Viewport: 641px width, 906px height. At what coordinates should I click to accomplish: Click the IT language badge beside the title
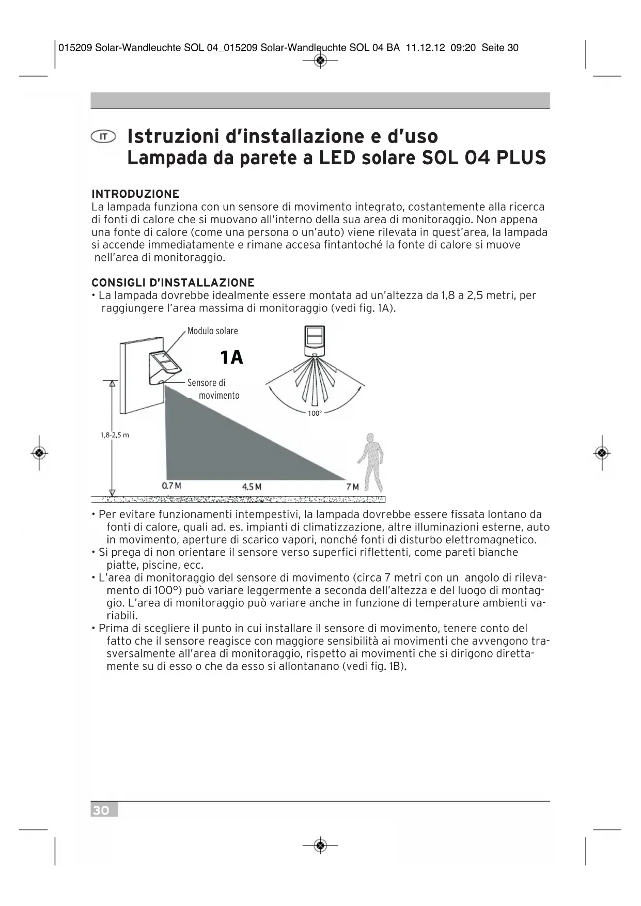[x=103, y=136]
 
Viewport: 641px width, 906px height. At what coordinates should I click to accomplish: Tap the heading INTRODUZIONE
[x=135, y=194]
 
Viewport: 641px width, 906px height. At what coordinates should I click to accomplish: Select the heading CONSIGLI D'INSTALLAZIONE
[x=173, y=283]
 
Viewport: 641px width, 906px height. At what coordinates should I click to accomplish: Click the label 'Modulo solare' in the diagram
[x=212, y=331]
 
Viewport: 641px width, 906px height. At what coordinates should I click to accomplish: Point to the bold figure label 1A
[x=231, y=357]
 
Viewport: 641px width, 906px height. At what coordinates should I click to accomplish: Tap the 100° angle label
[x=315, y=414]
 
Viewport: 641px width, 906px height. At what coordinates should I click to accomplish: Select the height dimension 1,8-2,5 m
[x=115, y=435]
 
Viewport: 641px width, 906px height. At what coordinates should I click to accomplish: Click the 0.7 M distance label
[x=171, y=486]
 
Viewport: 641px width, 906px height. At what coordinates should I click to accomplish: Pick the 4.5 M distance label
[x=252, y=487]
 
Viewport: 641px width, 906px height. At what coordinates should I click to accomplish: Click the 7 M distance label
[x=352, y=487]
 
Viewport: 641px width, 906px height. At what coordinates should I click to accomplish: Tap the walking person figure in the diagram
[x=371, y=462]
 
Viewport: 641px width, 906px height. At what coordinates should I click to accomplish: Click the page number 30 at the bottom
[x=102, y=810]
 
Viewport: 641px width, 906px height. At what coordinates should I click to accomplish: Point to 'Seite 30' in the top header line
[x=500, y=48]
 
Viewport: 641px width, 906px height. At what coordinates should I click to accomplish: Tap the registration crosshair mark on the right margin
[x=602, y=454]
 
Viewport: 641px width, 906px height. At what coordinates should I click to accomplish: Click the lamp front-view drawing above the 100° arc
[x=315, y=340]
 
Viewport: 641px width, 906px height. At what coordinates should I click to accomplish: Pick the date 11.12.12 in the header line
[x=425, y=48]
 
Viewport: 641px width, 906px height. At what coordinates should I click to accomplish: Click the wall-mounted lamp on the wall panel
[x=164, y=368]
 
